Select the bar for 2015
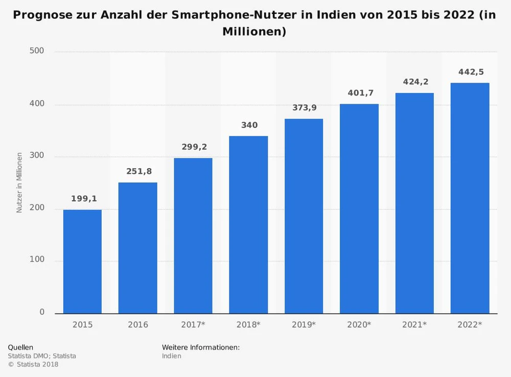[82, 262]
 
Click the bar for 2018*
[248, 225]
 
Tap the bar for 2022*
[470, 198]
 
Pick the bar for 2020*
[359, 208]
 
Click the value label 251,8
[138, 172]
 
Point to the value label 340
[248, 125]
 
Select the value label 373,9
[304, 108]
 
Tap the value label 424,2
[414, 82]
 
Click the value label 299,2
[193, 147]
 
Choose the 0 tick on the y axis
[42, 312]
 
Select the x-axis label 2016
[138, 325]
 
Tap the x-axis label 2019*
[304, 325]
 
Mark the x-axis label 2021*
[414, 325]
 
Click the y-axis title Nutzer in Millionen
[19, 182]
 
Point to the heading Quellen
[20, 347]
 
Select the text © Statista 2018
[33, 365]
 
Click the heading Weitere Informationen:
[201, 347]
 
